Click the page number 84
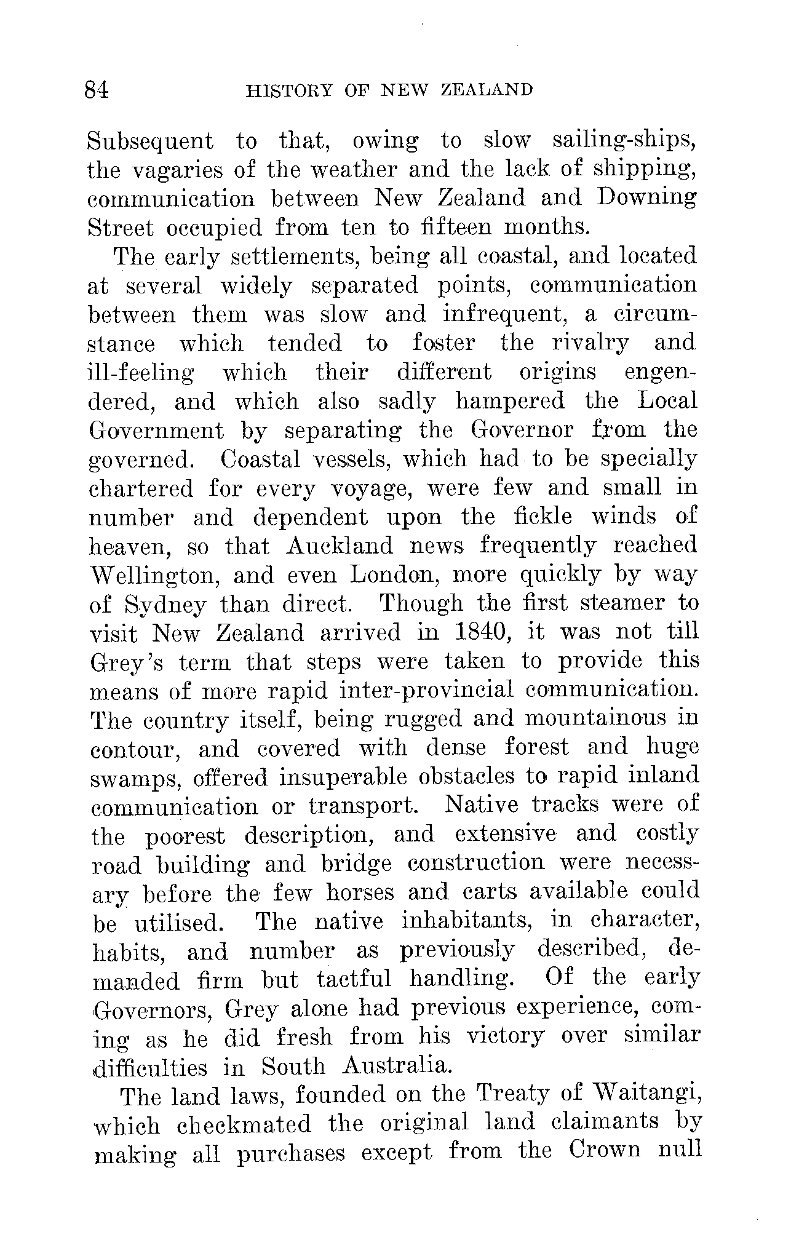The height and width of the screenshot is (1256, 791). click(97, 90)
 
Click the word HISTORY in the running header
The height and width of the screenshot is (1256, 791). click(289, 90)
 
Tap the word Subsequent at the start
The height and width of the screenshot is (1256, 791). click(150, 142)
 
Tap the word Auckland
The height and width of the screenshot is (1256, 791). click(340, 546)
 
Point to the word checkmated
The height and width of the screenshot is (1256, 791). click(244, 1125)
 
